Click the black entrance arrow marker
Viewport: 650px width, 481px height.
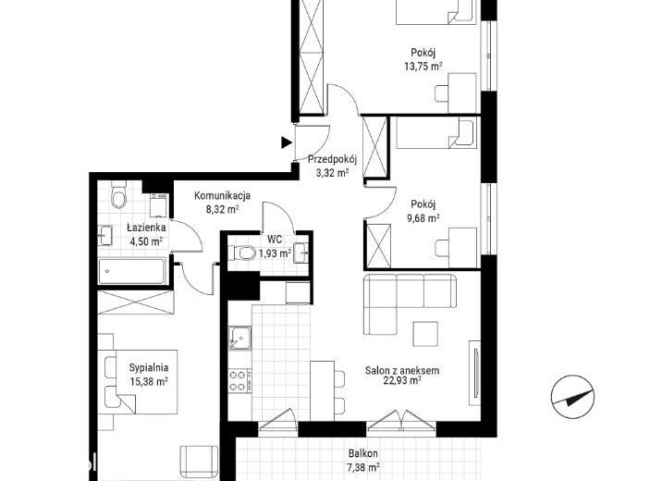coord(286,142)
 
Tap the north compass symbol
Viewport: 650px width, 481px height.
coord(572,397)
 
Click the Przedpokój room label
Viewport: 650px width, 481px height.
coord(333,159)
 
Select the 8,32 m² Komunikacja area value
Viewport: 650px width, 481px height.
coord(222,209)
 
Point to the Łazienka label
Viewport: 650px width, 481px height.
coord(146,228)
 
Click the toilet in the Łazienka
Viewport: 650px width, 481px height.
coord(119,195)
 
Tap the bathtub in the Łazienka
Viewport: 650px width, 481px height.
coord(132,271)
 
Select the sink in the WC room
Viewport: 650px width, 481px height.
coord(300,253)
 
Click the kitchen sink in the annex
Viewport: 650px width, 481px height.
coord(240,338)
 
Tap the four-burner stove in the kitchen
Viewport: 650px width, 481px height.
coord(239,381)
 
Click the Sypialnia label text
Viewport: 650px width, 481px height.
coord(149,367)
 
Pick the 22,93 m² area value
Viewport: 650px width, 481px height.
coord(402,380)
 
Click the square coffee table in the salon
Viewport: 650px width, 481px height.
coord(425,334)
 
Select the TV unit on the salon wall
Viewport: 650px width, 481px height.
coord(474,373)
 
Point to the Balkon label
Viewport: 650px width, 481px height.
coord(363,453)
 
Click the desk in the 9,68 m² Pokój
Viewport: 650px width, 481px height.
coord(462,248)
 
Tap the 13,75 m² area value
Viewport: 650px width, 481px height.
coord(423,66)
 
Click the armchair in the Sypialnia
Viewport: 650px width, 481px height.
coord(199,462)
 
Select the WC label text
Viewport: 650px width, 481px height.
coord(275,240)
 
